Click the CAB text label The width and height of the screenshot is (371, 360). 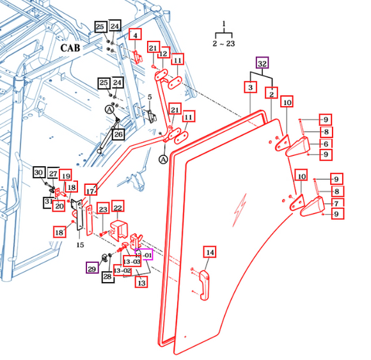pos(70,48)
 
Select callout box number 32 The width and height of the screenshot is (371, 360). pos(262,63)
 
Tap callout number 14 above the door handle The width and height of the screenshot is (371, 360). pos(210,253)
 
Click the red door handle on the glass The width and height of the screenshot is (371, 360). pos(204,285)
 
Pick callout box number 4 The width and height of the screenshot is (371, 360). pos(135,35)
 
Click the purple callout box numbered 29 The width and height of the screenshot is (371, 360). pos(92,268)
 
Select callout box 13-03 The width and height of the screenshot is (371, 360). pos(132,261)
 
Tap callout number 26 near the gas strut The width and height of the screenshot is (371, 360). pos(118,134)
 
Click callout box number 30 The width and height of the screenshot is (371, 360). pos(39,172)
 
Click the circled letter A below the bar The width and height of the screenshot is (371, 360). pos(163,160)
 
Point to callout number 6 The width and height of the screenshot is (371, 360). pos(326,144)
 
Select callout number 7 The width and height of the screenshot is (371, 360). pos(336,203)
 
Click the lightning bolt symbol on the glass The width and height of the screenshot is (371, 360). pos(240,209)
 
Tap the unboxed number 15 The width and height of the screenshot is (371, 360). pos(80,245)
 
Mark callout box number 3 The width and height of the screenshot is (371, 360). pos(250,87)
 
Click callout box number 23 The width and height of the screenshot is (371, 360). pos(103,208)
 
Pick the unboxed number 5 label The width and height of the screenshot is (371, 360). pos(150,97)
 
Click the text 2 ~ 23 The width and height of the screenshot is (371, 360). pos(224,43)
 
